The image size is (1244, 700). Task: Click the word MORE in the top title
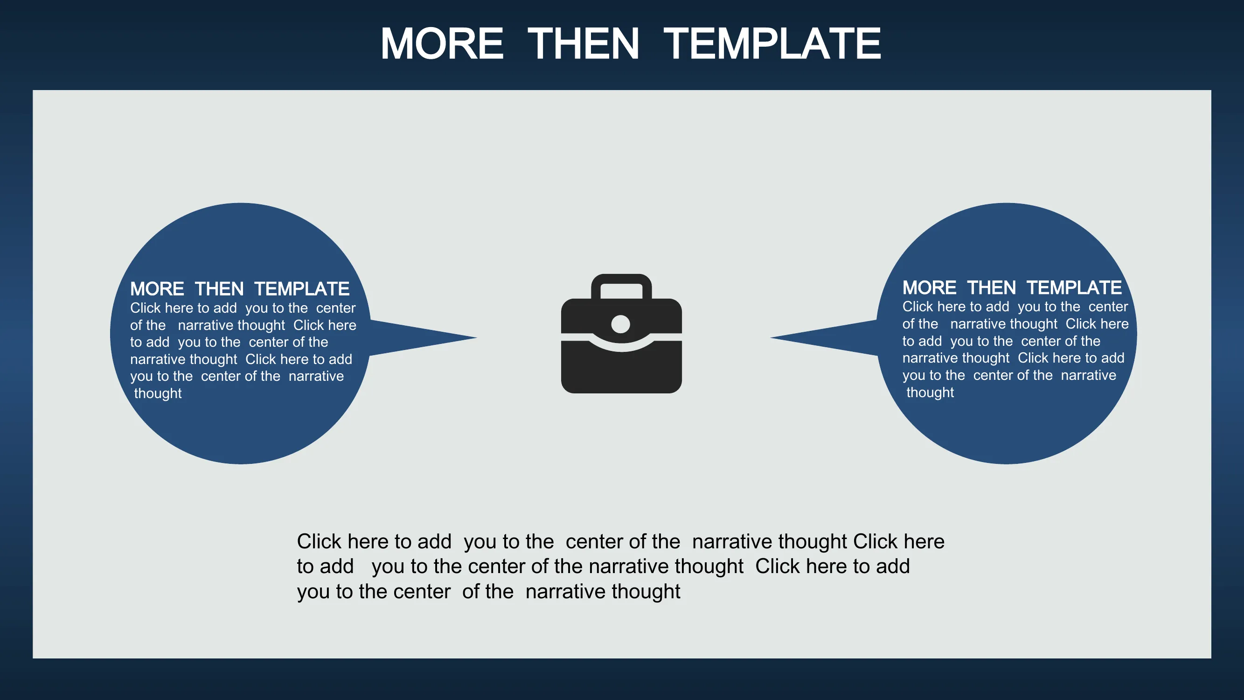click(442, 43)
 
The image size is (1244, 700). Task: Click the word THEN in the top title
click(584, 43)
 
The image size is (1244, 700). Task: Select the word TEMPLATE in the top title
click(772, 43)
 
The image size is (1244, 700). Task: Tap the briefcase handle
click(621, 286)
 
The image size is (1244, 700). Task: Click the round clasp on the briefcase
click(620, 324)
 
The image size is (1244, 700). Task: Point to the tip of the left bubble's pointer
click(477, 338)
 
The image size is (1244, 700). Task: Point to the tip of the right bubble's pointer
click(770, 338)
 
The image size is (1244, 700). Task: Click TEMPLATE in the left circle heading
click(302, 289)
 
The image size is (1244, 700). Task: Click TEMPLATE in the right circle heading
click(1074, 288)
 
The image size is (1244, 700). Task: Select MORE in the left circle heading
click(157, 289)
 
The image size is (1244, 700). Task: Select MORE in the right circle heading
click(929, 288)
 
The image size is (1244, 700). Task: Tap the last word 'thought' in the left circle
click(158, 393)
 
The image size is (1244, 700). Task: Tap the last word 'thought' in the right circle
click(930, 392)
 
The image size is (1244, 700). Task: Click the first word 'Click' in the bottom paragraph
click(319, 541)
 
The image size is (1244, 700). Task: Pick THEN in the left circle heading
click(219, 289)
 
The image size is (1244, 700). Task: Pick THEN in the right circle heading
click(992, 288)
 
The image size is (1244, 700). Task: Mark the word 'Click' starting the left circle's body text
click(146, 308)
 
